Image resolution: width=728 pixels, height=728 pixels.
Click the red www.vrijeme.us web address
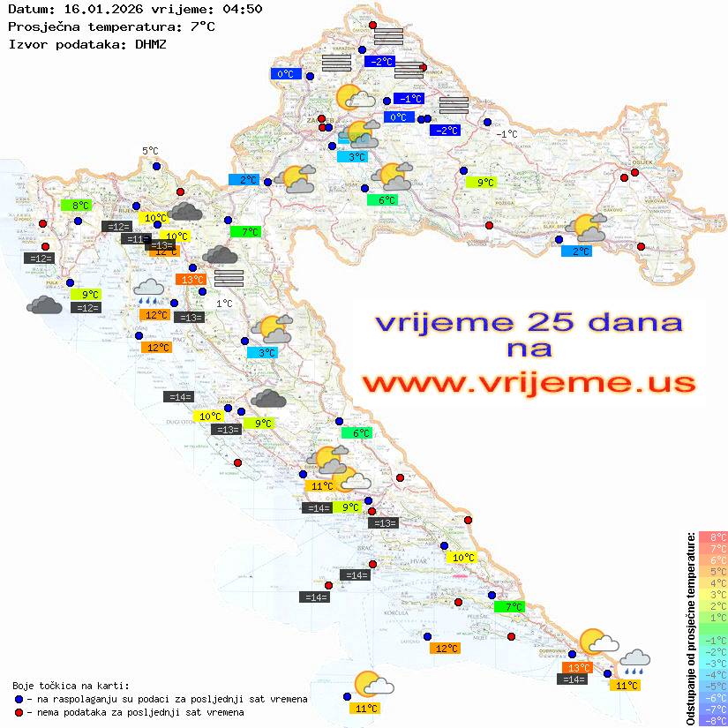528,383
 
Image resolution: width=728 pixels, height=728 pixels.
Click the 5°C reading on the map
150,151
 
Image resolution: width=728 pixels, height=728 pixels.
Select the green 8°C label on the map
77,206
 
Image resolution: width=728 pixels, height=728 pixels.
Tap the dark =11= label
136,239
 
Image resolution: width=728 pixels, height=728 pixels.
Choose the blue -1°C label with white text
409,99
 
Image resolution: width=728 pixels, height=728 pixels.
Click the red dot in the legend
19,712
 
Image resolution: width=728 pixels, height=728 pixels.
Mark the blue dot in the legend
19,699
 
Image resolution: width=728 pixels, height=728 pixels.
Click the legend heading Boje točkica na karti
71,686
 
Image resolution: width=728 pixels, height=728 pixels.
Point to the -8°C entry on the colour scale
712,720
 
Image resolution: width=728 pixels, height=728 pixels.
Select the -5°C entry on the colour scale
712,686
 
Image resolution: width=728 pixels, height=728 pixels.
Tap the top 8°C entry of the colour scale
712,537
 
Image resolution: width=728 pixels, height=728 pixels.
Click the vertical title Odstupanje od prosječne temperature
690,628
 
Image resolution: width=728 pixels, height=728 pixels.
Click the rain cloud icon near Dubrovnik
634,661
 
